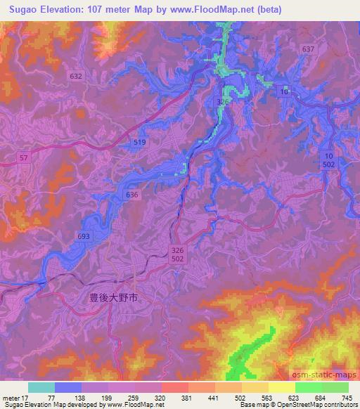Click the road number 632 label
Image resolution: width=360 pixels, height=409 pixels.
point(76,75)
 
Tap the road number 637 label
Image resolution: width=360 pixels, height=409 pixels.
point(307,49)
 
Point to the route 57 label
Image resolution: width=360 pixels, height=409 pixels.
point(24,159)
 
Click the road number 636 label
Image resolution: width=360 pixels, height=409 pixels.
point(131,195)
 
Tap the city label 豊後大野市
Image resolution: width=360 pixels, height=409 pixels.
point(114,298)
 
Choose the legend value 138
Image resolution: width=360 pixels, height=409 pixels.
point(80,397)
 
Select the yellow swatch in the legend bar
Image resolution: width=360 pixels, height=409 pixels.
point(281,387)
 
